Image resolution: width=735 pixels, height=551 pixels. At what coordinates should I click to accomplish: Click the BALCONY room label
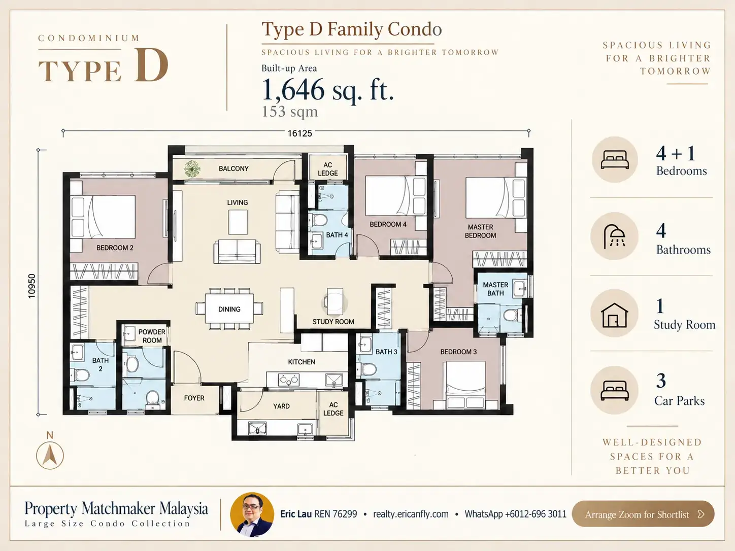pyautogui.click(x=233, y=168)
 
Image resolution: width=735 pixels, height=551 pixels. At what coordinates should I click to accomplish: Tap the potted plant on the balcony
pyautogui.click(x=192, y=168)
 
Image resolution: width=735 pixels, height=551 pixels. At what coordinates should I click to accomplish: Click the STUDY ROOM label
pyautogui.click(x=333, y=322)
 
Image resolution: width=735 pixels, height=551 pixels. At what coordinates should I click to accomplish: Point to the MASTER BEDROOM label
pyautogui.click(x=480, y=231)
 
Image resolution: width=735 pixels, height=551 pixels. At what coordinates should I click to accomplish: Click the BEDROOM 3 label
pyautogui.click(x=458, y=352)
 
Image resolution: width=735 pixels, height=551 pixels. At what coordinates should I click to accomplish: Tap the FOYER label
pyautogui.click(x=194, y=398)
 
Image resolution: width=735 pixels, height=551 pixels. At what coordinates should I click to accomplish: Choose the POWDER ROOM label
pyautogui.click(x=152, y=336)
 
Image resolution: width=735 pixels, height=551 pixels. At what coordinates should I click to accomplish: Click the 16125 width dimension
pyautogui.click(x=299, y=133)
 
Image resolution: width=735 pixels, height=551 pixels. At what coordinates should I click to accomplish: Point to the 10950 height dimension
pyautogui.click(x=31, y=286)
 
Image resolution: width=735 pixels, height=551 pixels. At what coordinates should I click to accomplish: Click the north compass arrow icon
pyautogui.click(x=50, y=455)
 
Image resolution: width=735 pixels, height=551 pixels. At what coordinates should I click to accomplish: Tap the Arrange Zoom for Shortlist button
pyautogui.click(x=643, y=514)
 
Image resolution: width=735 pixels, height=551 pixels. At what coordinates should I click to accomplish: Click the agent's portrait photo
pyautogui.click(x=252, y=514)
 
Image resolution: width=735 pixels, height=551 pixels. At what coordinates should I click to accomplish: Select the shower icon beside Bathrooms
pyautogui.click(x=614, y=236)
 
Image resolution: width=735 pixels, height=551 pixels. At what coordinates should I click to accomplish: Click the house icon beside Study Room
pyautogui.click(x=614, y=315)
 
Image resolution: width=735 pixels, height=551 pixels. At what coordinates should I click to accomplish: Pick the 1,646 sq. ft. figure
pyautogui.click(x=327, y=90)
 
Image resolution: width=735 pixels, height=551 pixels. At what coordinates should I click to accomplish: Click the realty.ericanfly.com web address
pyautogui.click(x=411, y=514)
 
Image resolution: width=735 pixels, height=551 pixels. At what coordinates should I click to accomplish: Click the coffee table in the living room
pyautogui.click(x=238, y=222)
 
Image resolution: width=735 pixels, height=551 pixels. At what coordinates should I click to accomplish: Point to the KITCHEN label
pyautogui.click(x=302, y=362)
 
